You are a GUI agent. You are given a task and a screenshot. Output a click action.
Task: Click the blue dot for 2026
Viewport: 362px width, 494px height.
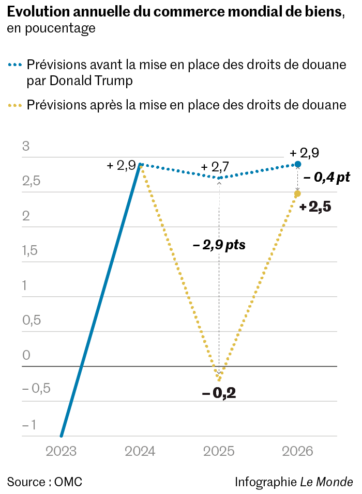click(298, 164)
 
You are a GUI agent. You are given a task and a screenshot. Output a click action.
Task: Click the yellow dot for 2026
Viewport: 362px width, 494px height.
click(297, 194)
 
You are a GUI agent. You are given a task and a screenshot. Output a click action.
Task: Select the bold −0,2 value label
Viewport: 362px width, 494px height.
click(219, 393)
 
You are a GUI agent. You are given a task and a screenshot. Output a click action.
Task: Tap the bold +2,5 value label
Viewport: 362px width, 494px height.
click(315, 207)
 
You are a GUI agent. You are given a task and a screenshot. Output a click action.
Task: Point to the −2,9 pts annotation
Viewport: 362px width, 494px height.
click(219, 245)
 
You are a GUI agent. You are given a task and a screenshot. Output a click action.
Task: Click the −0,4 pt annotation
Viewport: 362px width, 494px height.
click(327, 178)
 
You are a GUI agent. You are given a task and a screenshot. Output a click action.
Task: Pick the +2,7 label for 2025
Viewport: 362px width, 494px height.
click(215, 167)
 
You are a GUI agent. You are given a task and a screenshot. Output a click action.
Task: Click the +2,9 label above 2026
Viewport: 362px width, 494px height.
click(304, 153)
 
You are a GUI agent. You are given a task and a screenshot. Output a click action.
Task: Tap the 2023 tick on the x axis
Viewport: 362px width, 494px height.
click(61, 451)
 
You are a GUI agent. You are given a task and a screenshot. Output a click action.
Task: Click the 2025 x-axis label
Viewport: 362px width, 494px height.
click(219, 451)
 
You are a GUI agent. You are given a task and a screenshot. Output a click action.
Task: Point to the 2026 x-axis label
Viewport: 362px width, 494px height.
click(298, 451)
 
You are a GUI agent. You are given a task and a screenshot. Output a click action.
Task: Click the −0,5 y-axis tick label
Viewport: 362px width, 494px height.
click(36, 389)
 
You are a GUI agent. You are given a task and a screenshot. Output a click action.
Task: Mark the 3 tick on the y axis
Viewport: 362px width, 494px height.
click(26, 147)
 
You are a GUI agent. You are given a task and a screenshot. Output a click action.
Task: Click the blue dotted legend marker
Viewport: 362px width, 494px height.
click(15, 66)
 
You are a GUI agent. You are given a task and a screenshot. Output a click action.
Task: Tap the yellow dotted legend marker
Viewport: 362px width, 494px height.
click(15, 105)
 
